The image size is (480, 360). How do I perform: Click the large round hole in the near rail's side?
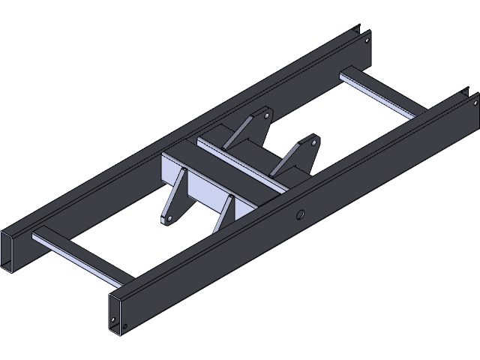[x=300, y=215]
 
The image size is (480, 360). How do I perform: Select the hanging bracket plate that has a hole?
[x=173, y=199]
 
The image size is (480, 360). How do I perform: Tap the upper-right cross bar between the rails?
[x=379, y=94]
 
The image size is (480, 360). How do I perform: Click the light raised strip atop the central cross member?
[x=240, y=161]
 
